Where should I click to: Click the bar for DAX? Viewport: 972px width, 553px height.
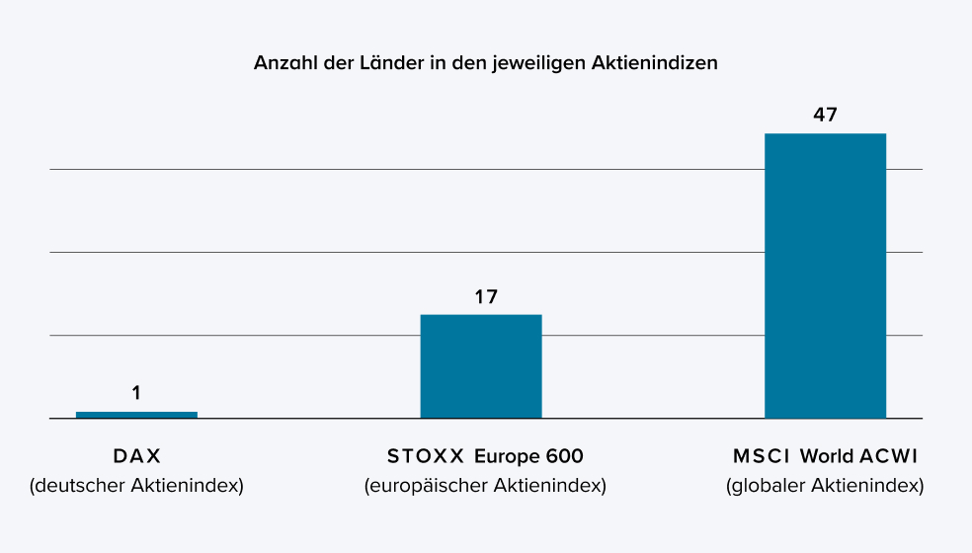(136, 415)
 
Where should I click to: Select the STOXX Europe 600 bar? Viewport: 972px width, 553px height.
(481, 366)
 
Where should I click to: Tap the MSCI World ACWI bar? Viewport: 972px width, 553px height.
(825, 276)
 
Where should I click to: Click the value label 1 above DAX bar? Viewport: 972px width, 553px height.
(136, 393)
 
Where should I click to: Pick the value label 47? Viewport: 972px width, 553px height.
(825, 115)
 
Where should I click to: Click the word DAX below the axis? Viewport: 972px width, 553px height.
(136, 457)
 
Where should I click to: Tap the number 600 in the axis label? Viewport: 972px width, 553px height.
(563, 457)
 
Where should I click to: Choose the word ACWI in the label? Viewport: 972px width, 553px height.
(886, 457)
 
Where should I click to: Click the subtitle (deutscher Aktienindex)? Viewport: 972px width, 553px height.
(136, 486)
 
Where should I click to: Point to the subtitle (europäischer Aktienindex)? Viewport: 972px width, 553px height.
(485, 486)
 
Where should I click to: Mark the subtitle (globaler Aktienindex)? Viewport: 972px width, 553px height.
(825, 486)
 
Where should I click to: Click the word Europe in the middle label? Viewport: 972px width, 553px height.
(505, 457)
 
